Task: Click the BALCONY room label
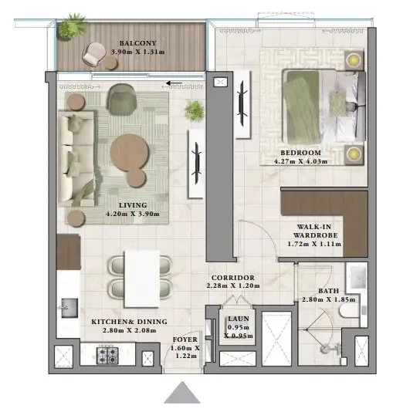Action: pyautogui.click(x=137, y=43)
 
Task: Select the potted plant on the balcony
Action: pyautogui.click(x=74, y=27)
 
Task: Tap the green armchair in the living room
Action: pyautogui.click(x=121, y=98)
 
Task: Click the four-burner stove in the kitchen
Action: pyautogui.click(x=106, y=355)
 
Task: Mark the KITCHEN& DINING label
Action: pyautogui.click(x=124, y=320)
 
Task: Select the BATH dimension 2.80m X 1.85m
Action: pyautogui.click(x=327, y=299)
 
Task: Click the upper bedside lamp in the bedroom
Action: pyautogui.click(x=353, y=59)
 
